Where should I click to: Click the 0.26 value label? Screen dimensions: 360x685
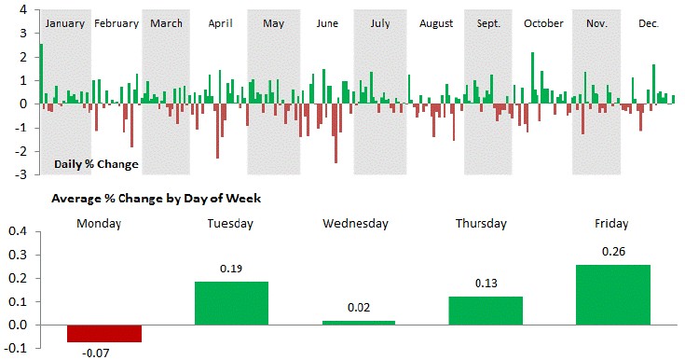coord(612,252)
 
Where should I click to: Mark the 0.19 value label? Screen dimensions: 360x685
coord(230,269)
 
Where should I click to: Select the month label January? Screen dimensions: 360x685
coord(65,22)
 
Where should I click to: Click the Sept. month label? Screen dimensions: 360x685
coord(487,22)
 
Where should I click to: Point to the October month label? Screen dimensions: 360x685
coord(544,22)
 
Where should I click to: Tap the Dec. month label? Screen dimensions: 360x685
coord(648,22)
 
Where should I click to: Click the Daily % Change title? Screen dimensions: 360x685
coord(96,164)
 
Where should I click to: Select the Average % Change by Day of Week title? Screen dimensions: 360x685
coord(156,199)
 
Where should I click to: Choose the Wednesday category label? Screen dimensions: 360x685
coord(356,224)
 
